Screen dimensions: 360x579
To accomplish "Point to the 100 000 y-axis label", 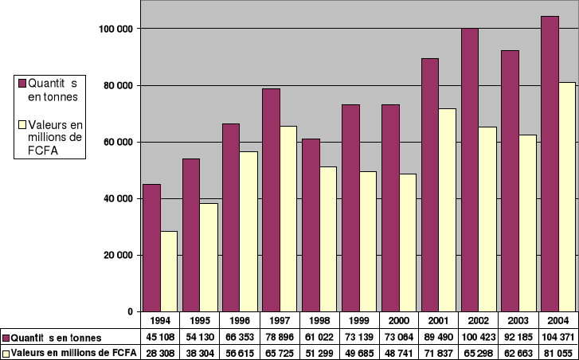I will (115, 29).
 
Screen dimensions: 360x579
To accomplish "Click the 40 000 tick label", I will (117, 198).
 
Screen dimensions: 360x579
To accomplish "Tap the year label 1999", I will (359, 320).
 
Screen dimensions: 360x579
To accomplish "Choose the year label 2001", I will (439, 320).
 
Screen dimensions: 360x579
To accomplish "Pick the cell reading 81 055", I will (558, 352).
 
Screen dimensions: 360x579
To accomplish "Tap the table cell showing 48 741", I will (399, 352).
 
